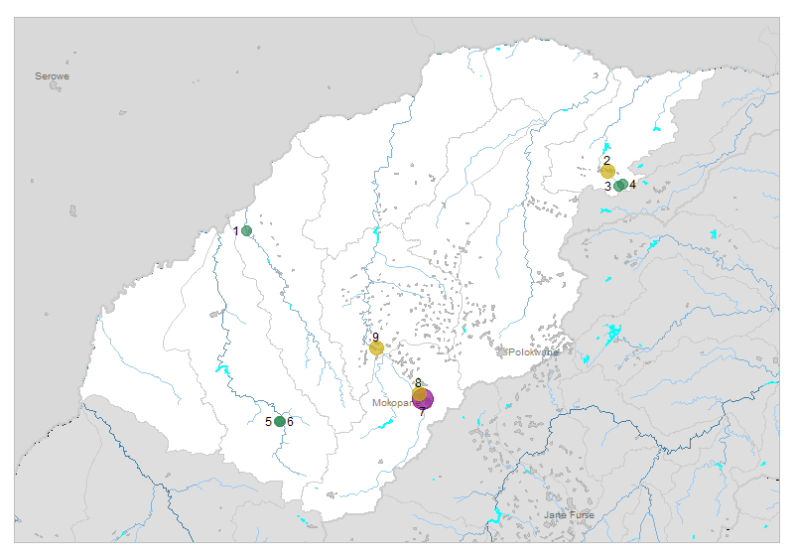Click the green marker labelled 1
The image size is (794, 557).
[247, 231]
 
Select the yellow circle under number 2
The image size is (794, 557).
[607, 171]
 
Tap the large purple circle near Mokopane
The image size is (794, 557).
[424, 399]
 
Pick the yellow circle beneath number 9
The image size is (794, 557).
[376, 348]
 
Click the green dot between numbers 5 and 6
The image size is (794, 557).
[280, 422]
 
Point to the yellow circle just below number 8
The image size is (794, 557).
[420, 393]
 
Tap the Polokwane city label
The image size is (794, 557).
[534, 352]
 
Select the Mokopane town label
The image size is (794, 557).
[392, 404]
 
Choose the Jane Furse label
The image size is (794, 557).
[569, 514]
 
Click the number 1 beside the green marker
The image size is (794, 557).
[236, 231]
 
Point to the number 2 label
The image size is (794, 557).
[606, 160]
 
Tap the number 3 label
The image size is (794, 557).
[607, 187]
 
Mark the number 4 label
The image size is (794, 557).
[632, 185]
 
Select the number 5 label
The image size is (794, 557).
[268, 422]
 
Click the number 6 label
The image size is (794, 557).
[290, 423]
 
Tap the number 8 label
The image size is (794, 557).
[419, 383]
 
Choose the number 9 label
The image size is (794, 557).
[376, 338]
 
